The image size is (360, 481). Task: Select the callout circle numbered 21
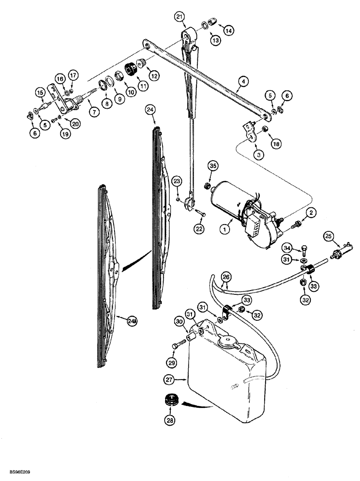[x=180, y=18]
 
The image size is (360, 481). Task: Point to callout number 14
[x=228, y=30]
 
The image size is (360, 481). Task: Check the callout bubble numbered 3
[x=259, y=155]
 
